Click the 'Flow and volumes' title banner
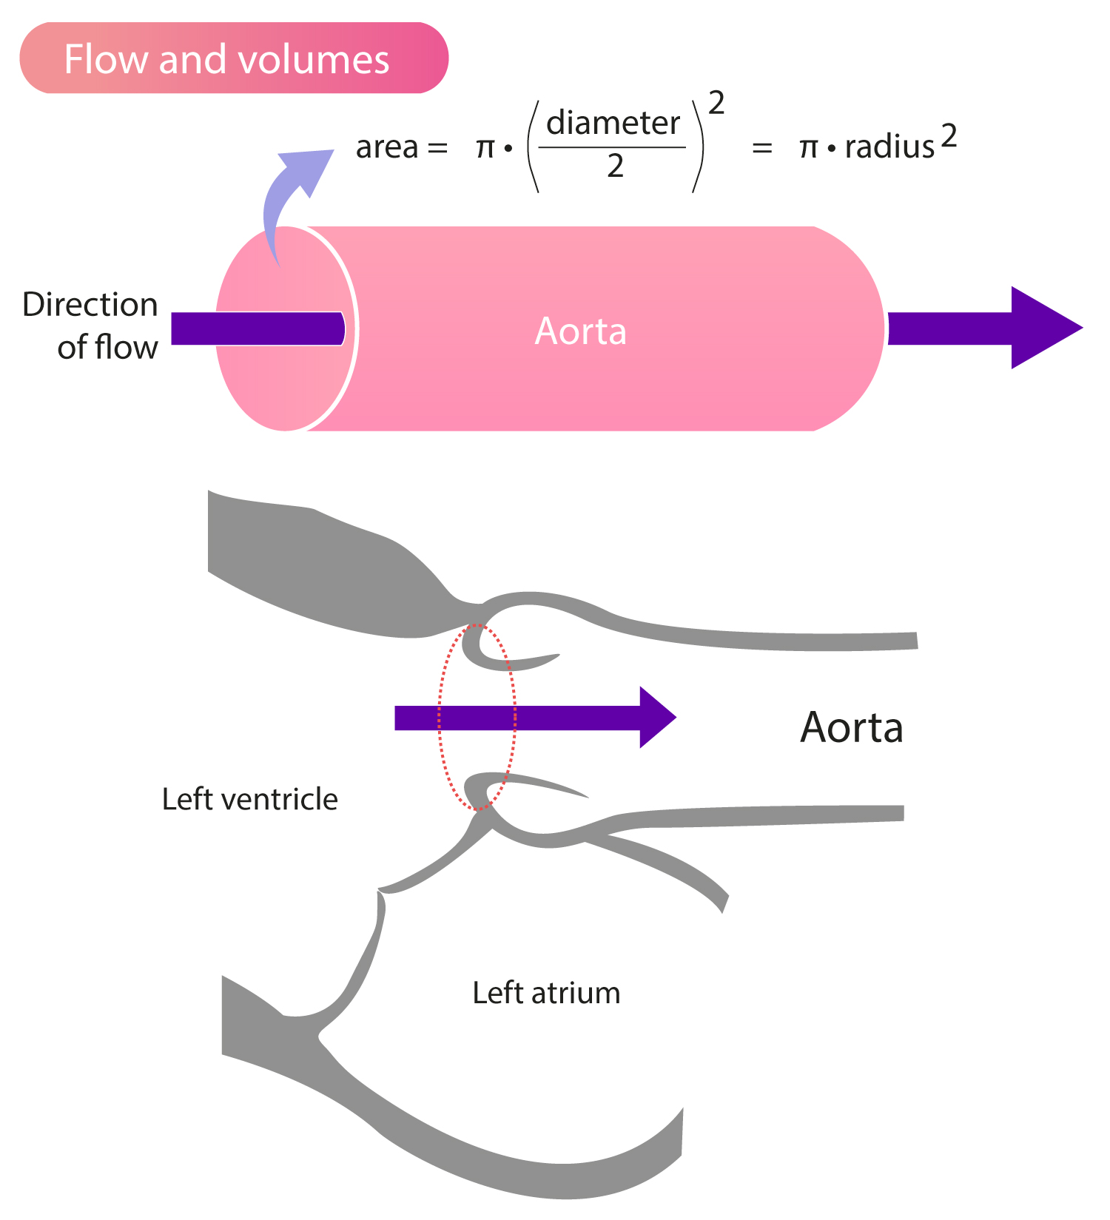click(x=233, y=58)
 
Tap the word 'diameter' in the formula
click(x=613, y=124)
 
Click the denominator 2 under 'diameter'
click(x=615, y=166)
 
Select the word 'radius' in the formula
click(x=889, y=147)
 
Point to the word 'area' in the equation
click(x=387, y=147)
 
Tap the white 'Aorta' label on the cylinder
click(x=581, y=331)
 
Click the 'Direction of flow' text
click(x=90, y=326)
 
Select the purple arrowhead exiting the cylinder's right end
click(x=1043, y=328)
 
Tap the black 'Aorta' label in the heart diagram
click(x=852, y=728)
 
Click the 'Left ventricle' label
click(x=249, y=800)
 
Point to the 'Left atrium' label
click(x=546, y=993)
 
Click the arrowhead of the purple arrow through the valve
click(x=656, y=717)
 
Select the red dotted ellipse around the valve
click(x=440, y=718)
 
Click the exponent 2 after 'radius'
click(x=949, y=138)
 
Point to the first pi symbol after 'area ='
click(x=485, y=148)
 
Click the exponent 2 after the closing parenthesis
click(x=716, y=104)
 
